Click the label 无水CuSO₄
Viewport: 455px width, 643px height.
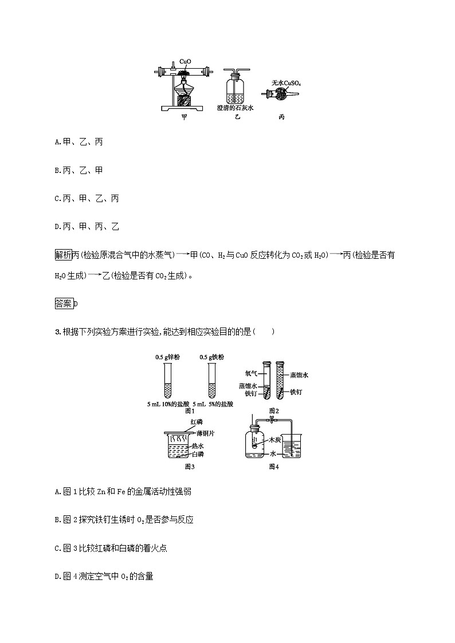pos(287,83)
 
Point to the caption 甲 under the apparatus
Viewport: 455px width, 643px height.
pos(184,117)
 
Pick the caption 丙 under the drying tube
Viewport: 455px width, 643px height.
pos(281,117)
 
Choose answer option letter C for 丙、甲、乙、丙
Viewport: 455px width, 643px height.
pos(57,199)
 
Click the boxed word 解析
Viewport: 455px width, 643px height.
pos(63,255)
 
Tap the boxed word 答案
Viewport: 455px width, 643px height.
pos(63,304)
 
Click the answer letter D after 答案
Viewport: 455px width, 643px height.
pos(75,304)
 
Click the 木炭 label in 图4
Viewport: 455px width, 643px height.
pos(275,440)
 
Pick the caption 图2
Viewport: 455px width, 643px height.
pos(273,411)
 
